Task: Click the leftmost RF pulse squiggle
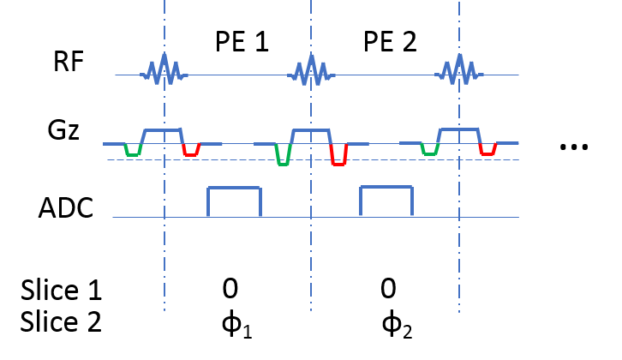(164, 71)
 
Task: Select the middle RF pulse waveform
(311, 71)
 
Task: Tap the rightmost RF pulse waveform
(459, 71)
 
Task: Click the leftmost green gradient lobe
(133, 152)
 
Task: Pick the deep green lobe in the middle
(283, 157)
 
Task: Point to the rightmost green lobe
(430, 151)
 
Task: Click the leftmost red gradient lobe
(190, 152)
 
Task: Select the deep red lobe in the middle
(338, 157)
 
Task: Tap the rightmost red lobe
(487, 151)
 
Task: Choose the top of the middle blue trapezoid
(311, 130)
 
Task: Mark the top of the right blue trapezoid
(459, 129)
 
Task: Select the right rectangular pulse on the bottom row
(386, 188)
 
